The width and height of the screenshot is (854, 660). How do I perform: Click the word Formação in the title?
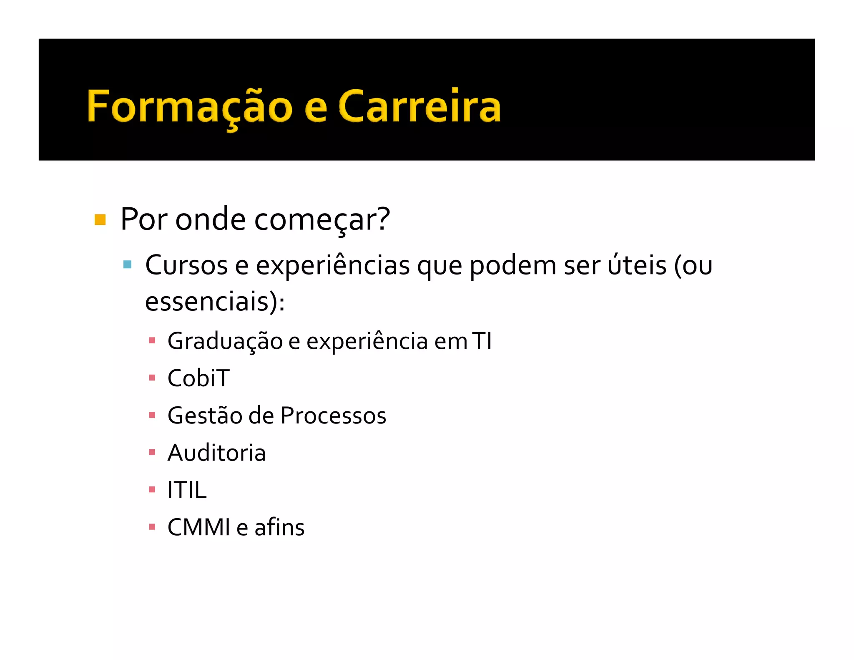pyautogui.click(x=190, y=107)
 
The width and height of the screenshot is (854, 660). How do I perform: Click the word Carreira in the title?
pyautogui.click(x=419, y=107)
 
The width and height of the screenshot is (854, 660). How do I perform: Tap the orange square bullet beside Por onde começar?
pyautogui.click(x=100, y=219)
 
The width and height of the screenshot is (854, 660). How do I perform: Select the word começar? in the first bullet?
pyautogui.click(x=322, y=220)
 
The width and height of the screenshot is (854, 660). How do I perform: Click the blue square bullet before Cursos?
pyautogui.click(x=128, y=265)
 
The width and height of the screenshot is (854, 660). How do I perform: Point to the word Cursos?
pyautogui.click(x=186, y=265)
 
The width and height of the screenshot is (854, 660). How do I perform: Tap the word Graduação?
pyautogui.click(x=225, y=341)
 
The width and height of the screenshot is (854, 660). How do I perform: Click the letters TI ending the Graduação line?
pyautogui.click(x=482, y=341)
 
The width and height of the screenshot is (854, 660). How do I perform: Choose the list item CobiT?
pyautogui.click(x=198, y=378)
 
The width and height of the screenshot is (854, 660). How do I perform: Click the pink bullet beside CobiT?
pyautogui.click(x=152, y=378)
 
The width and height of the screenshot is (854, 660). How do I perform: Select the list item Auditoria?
pyautogui.click(x=216, y=453)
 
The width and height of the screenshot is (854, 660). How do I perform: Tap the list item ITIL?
pyautogui.click(x=187, y=490)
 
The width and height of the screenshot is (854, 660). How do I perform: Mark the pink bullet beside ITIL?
pyautogui.click(x=152, y=489)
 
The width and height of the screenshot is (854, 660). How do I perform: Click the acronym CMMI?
pyautogui.click(x=198, y=527)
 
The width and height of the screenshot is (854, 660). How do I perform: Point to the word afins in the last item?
pyautogui.click(x=279, y=527)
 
